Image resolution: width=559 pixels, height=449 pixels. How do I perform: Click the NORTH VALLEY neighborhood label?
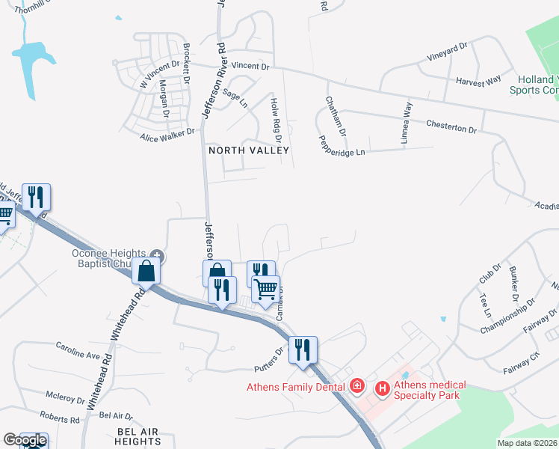[x=248, y=150]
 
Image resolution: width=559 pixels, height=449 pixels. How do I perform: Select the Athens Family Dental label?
[x=297, y=386]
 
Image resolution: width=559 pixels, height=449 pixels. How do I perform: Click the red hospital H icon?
[x=382, y=388]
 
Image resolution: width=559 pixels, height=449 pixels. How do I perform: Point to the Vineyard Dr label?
[x=447, y=51]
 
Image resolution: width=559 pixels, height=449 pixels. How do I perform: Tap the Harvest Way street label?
[x=478, y=80]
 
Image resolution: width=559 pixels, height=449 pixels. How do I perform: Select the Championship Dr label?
[x=507, y=318]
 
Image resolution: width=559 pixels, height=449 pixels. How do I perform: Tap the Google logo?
[x=25, y=440]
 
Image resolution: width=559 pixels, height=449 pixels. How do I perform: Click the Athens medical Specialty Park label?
[x=429, y=390]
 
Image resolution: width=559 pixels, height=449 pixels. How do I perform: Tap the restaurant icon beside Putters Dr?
[x=304, y=349]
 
